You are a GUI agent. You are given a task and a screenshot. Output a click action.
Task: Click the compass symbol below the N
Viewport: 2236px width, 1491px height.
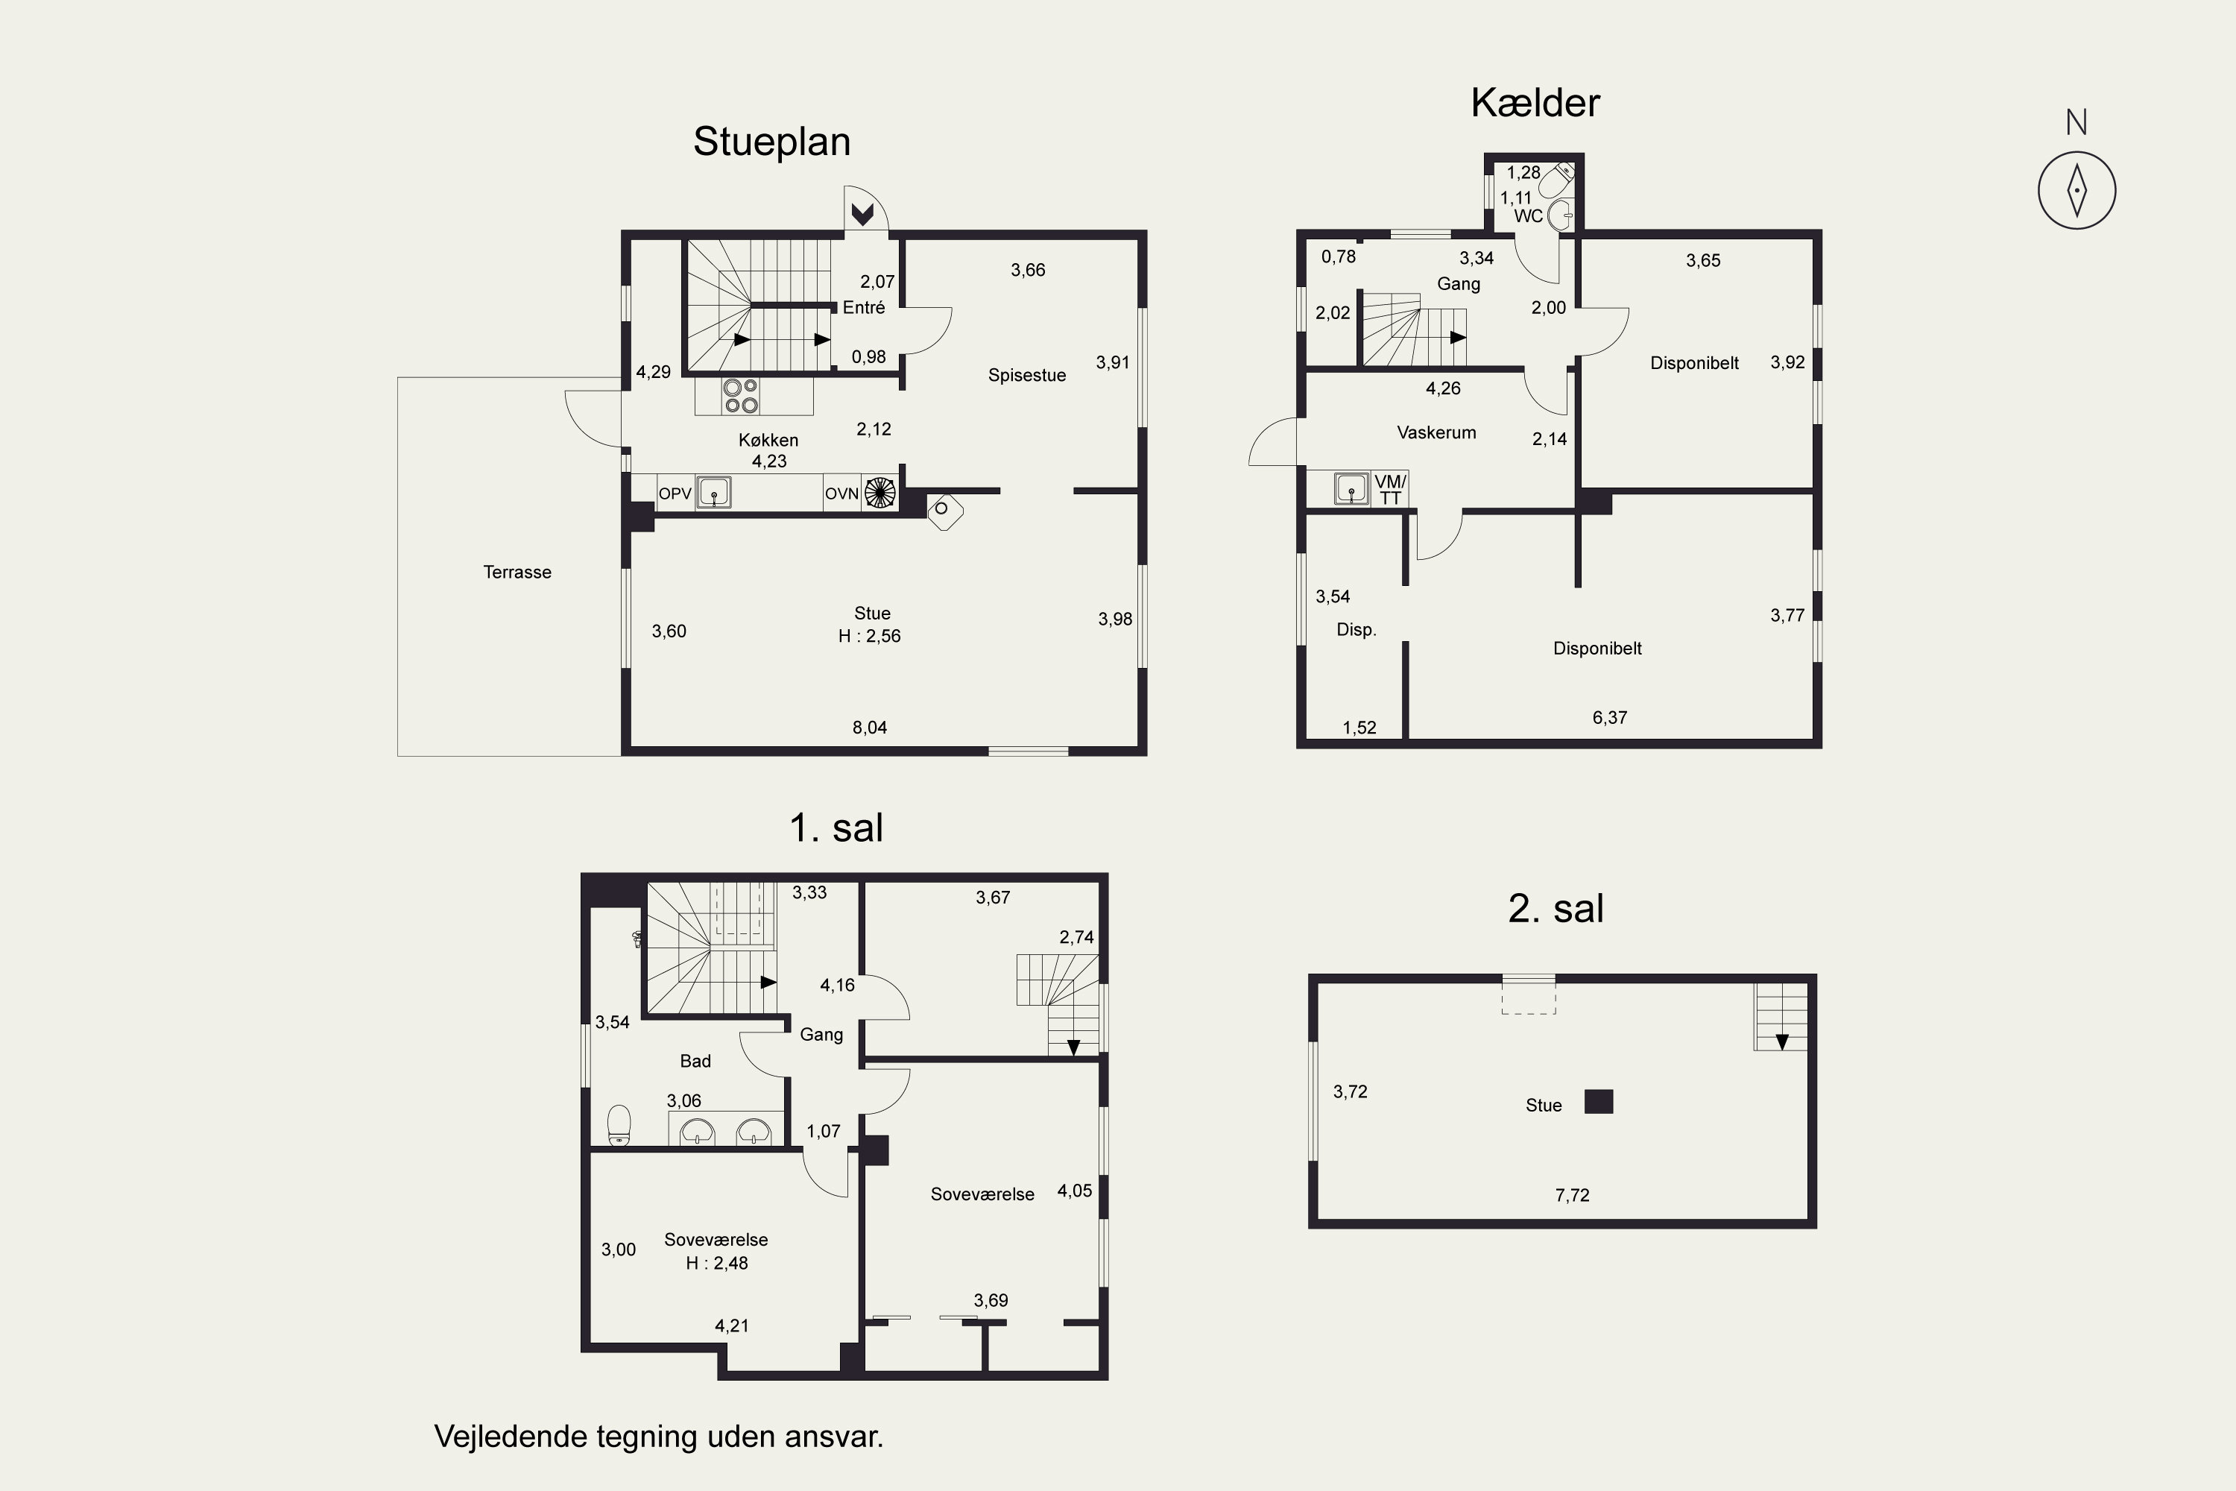point(2076,190)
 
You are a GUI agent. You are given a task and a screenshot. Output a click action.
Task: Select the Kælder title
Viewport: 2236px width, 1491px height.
point(1535,103)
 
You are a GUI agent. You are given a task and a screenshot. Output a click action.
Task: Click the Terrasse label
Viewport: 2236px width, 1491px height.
point(517,573)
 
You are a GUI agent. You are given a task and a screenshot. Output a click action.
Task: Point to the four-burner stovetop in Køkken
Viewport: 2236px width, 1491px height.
point(741,396)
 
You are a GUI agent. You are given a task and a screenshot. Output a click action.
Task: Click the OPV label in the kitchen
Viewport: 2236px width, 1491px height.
point(675,494)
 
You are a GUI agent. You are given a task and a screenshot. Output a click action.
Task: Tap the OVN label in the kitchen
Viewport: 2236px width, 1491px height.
point(841,494)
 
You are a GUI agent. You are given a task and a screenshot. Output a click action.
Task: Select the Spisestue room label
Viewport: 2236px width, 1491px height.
point(1027,375)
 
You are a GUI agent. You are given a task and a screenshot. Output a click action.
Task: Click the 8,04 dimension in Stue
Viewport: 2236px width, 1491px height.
point(869,728)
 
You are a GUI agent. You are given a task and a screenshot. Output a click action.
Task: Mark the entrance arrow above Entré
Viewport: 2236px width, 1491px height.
point(862,215)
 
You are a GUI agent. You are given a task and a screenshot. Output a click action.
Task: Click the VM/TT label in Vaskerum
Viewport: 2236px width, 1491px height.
point(1390,490)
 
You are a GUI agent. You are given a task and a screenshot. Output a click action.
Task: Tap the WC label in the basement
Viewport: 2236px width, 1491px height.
point(1529,216)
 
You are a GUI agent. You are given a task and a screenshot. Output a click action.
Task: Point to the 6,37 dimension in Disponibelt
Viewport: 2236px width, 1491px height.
point(1609,718)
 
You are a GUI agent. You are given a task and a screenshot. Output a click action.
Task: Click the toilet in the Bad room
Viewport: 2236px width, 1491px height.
point(619,1125)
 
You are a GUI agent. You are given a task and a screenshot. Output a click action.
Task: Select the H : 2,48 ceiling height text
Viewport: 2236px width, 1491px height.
point(717,1263)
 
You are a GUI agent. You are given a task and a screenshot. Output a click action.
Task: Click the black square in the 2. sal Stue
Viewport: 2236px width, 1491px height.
point(1598,1101)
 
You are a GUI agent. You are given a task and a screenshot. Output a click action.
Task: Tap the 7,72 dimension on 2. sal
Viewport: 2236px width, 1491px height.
point(1571,1195)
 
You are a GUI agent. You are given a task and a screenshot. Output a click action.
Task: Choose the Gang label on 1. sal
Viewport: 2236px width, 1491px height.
point(821,1035)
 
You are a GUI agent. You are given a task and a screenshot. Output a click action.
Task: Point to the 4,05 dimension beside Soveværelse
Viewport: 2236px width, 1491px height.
point(1074,1191)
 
